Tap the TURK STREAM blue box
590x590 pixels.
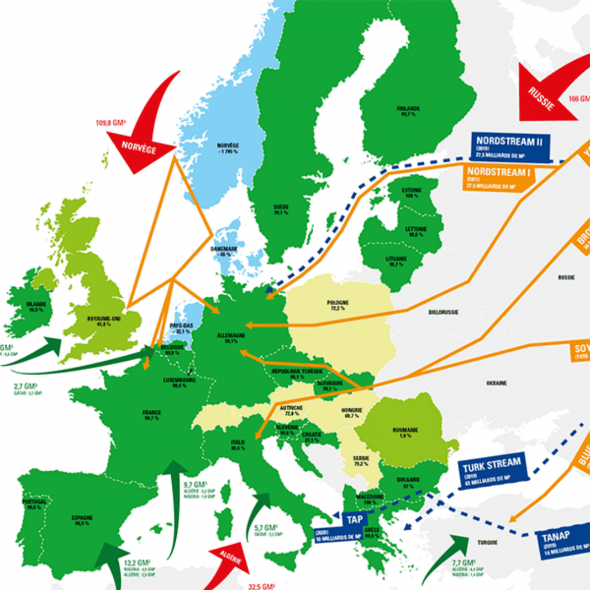pos(493,470)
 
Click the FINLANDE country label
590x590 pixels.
pos(408,108)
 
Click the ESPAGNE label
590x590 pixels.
pos(81,518)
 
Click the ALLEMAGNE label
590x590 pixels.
pos(229,335)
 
